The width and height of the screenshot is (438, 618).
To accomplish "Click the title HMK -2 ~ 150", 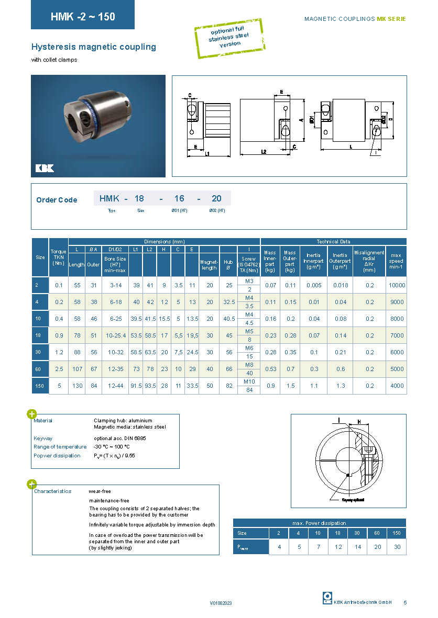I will click(83, 16).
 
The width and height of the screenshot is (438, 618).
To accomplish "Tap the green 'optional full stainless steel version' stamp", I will click(229, 36).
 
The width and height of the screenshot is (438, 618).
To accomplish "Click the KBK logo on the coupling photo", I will click(45, 168).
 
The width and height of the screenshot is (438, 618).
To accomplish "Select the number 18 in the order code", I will click(139, 198).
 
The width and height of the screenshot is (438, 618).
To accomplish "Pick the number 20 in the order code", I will click(216, 198).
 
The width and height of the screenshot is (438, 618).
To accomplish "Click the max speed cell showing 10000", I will click(397, 285).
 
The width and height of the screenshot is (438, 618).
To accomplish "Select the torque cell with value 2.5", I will click(59, 369).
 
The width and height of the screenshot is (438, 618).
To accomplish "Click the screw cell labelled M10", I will click(249, 381).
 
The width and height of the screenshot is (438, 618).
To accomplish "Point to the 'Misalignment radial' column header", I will click(369, 259).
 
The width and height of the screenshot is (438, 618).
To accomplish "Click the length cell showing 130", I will click(76, 386).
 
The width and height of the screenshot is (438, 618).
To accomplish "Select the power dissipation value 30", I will click(397, 547).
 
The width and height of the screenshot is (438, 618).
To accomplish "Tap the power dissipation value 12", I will click(338, 547).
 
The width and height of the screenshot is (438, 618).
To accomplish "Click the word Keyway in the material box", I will click(43, 438).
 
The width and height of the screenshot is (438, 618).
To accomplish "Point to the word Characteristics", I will click(52, 491).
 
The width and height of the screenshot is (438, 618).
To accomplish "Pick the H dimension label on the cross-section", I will click(359, 421).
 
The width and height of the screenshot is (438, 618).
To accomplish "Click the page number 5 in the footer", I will click(405, 602).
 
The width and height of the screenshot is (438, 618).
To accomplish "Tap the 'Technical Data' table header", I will click(333, 242).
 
